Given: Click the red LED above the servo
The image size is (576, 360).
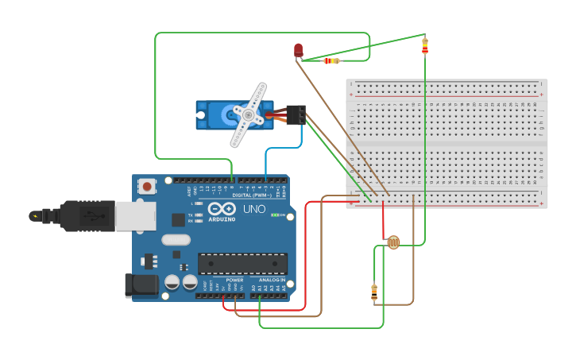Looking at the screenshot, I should click(298, 50).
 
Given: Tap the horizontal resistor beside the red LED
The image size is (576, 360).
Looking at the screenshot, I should click(331, 60).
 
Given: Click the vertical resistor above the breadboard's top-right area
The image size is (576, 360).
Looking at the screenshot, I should click(425, 45).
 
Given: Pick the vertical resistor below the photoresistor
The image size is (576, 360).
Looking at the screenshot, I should click(374, 292).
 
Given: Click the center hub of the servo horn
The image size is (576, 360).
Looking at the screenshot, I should click(248, 116).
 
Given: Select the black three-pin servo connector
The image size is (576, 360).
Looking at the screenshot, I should click(296, 115).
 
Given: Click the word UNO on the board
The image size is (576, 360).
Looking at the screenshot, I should click(253, 209).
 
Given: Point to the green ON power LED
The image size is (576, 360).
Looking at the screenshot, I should click(274, 215).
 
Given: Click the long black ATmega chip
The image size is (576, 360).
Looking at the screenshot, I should click(242, 263).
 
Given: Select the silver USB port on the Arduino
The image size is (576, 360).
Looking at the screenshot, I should click(135, 215).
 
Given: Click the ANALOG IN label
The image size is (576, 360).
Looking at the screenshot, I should click(272, 281).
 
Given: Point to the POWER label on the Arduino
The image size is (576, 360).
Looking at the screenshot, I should click(234, 281).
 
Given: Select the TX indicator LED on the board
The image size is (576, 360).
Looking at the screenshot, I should click(199, 215).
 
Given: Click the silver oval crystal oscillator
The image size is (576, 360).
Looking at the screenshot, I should click(176, 239).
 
